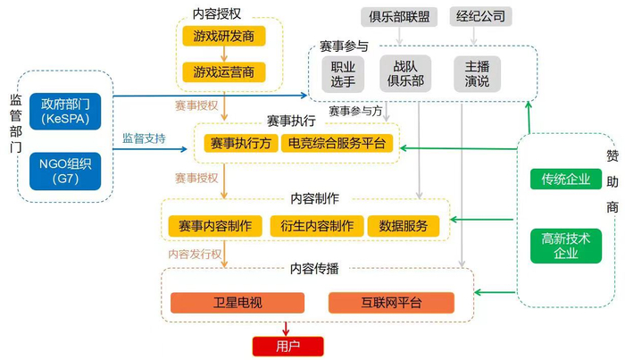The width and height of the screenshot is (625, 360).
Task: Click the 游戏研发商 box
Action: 223,37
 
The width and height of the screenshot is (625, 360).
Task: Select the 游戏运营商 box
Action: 223,72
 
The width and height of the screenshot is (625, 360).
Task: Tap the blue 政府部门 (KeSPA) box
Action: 65,112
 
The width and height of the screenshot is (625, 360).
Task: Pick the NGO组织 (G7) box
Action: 65,171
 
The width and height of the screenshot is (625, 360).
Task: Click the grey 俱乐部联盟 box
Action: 399,17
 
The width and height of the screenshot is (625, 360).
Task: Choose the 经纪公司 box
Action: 480,17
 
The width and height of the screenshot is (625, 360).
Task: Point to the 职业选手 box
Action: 343,74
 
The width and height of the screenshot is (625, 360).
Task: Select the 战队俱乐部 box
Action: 405,74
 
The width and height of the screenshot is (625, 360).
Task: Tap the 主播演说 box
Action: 477,74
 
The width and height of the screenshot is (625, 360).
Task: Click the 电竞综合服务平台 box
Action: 337,143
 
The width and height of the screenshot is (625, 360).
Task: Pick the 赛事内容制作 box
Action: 215,226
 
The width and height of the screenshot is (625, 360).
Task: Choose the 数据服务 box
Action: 404,226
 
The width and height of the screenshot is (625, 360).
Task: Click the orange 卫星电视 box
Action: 237,303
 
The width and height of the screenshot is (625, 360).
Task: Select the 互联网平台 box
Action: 391,303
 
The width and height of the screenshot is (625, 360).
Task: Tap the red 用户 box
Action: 287,347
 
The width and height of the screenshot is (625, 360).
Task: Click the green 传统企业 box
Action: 565,180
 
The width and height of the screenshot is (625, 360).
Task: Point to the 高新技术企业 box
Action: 565,246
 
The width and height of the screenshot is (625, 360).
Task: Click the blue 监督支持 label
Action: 144,138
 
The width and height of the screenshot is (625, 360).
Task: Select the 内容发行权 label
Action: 195,254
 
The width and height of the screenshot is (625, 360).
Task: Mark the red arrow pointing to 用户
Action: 286,329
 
